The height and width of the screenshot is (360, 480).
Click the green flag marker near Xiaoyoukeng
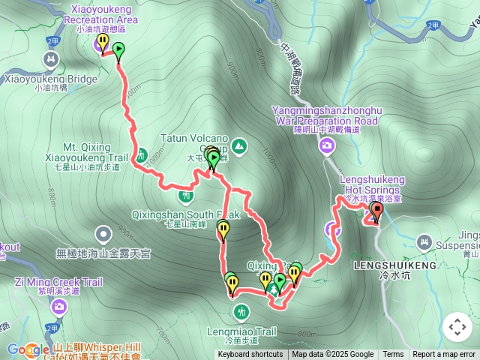pos(118,50)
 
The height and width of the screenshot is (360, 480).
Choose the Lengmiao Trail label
pos(241,331)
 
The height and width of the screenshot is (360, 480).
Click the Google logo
pos(28,349)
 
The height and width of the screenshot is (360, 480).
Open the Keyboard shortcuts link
pos(250,355)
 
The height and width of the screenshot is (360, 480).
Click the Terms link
pos(393,355)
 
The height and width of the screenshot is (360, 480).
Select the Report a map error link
pos(445,355)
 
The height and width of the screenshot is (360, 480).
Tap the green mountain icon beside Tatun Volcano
pos(239,145)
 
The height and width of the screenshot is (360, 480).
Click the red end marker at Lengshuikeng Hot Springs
pos(376,211)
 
